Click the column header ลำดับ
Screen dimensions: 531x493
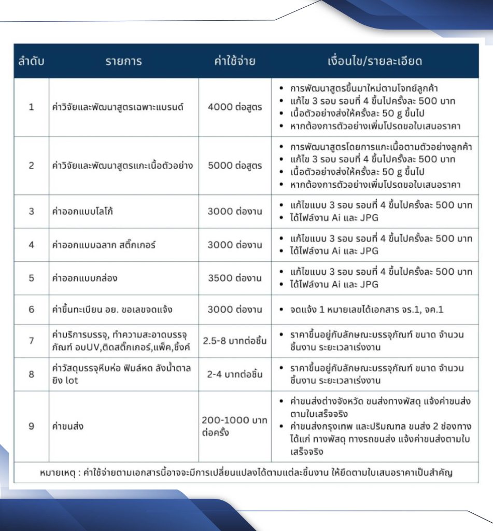click(x=31, y=61)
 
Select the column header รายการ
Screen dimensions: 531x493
click(x=123, y=61)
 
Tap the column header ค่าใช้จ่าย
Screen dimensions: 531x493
click(x=235, y=61)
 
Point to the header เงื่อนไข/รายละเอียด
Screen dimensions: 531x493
click(x=375, y=61)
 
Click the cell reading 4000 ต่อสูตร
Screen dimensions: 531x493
click(x=235, y=107)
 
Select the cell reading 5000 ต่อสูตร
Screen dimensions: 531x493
click(x=235, y=166)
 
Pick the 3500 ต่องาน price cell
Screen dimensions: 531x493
click(x=235, y=278)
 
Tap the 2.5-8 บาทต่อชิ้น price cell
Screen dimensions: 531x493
click(x=235, y=341)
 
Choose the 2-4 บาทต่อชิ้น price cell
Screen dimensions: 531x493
click(x=235, y=373)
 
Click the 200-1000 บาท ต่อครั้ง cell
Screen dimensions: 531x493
click(x=234, y=426)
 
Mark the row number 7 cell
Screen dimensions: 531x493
click(x=31, y=341)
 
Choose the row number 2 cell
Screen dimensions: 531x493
click(x=31, y=166)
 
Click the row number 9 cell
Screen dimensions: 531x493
click(x=31, y=426)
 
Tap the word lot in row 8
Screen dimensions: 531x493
click(x=72, y=379)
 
